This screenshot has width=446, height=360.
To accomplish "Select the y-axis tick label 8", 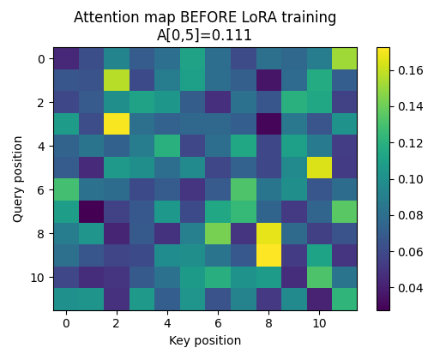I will pos(42,233).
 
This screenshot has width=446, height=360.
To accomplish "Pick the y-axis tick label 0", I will pos(42,58).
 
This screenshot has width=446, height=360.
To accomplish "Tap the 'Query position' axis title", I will pos(19,178).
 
